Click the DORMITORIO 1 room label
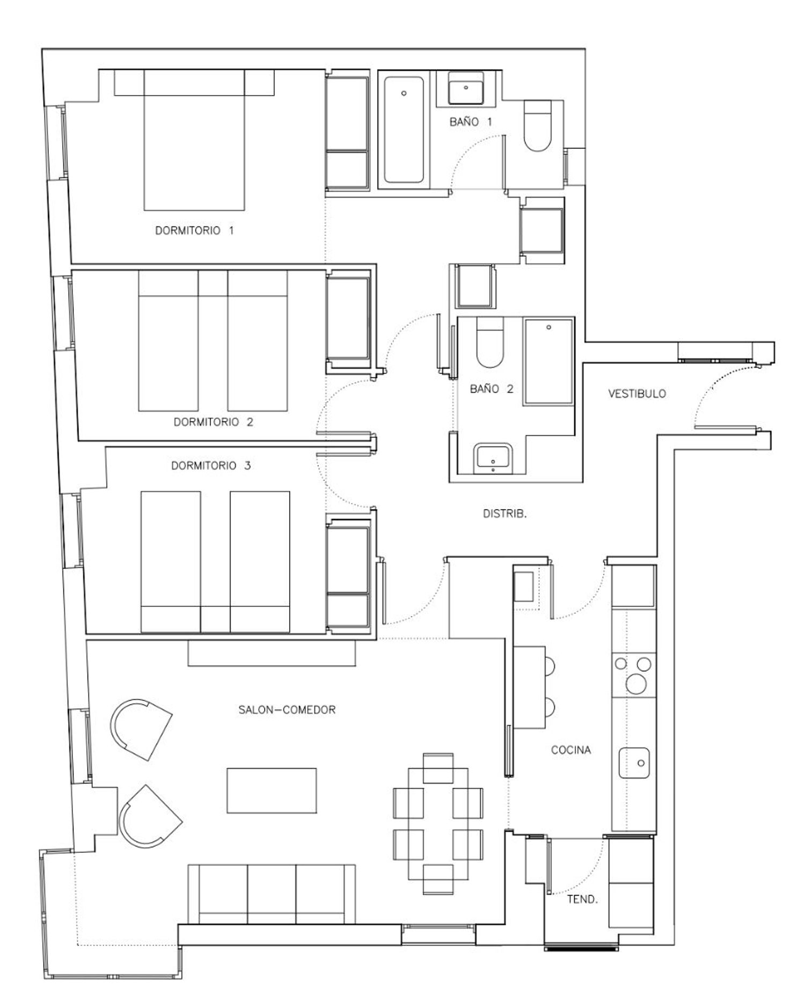click(x=194, y=230)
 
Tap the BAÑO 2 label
click(x=492, y=389)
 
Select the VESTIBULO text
click(x=637, y=393)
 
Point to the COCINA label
click(x=571, y=750)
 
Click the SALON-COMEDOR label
click(x=287, y=709)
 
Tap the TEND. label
click(x=582, y=899)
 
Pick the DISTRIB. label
click(x=505, y=514)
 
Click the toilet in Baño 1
click(x=537, y=126)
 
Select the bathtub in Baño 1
click(x=404, y=130)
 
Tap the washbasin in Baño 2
click(x=493, y=459)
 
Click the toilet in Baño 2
click(x=489, y=342)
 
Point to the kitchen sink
click(x=634, y=763)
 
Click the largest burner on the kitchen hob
click(x=636, y=684)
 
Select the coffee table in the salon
click(x=272, y=790)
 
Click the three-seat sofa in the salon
click(x=272, y=893)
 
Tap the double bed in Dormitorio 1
click(x=194, y=140)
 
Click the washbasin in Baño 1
click(x=466, y=88)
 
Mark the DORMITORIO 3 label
click(x=211, y=465)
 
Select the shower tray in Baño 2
click(x=548, y=361)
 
